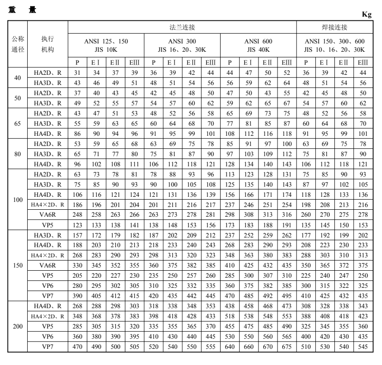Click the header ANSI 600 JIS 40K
tap(259, 45)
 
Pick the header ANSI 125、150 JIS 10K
tap(106, 45)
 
